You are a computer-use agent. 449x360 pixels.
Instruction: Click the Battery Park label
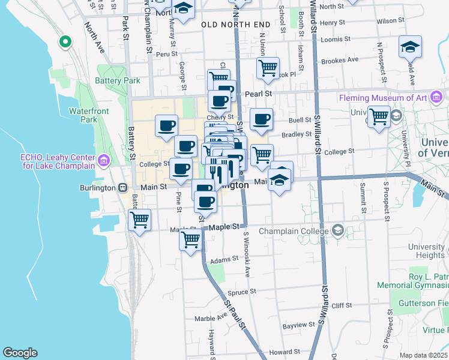pyautogui.click(x=118, y=80)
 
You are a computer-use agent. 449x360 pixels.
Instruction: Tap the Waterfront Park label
pyautogui.click(x=83, y=115)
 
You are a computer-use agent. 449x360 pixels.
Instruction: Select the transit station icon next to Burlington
pyautogui.click(x=122, y=187)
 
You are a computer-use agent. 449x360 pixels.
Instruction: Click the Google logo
pyautogui.click(x=20, y=353)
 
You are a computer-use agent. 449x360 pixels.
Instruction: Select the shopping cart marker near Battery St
pyautogui.click(x=139, y=220)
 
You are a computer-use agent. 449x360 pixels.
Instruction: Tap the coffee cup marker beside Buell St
pyautogui.click(x=261, y=119)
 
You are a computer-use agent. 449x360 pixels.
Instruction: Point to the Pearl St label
pyautogui.click(x=259, y=94)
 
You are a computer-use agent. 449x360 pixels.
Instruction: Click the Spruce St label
pyautogui.click(x=244, y=291)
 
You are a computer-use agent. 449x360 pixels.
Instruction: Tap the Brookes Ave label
pyautogui.click(x=340, y=60)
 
